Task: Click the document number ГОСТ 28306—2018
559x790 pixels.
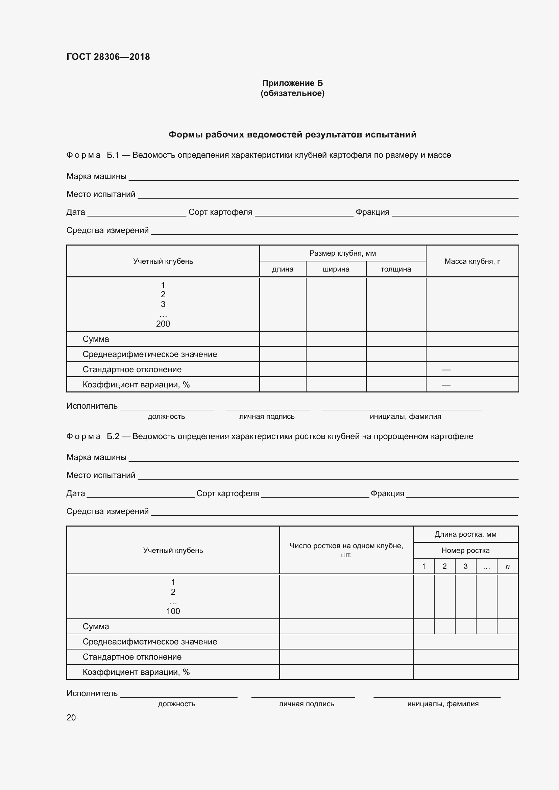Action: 108,57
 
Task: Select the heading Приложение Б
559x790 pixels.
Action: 292,83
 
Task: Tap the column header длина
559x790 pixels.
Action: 283,269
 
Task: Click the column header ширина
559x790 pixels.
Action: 336,269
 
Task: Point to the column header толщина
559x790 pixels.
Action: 396,269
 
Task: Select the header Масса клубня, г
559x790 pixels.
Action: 472,261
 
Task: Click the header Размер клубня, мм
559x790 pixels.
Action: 342,253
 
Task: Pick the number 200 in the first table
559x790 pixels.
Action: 163,324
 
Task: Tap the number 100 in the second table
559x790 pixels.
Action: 173,611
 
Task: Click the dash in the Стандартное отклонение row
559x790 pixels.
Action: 446,369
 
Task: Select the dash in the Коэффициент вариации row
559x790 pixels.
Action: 446,385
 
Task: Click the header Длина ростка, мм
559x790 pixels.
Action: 465,534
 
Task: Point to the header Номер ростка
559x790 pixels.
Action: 465,550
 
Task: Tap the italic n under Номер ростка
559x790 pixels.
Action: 507,566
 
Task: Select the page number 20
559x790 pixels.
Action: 71,717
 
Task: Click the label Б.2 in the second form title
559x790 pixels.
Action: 113,436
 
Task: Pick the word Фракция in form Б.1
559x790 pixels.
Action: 372,212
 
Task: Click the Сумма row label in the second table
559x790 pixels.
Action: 96,627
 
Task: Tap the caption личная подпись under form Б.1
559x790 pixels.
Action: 267,416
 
